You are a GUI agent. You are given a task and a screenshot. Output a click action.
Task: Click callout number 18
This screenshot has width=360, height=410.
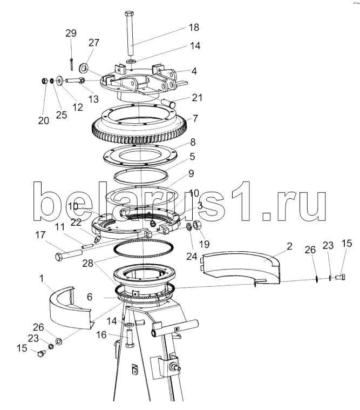pyautogui.click(x=194, y=28)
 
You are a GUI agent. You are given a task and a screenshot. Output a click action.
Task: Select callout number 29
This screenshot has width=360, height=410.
pyautogui.click(x=71, y=33)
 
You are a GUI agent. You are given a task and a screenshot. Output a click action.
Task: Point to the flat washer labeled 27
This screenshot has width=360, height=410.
pyautogui.click(x=84, y=68)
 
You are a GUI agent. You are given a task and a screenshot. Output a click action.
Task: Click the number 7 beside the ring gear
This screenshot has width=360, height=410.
pyautogui.click(x=195, y=118)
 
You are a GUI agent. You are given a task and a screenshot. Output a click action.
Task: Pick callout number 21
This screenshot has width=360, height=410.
pyautogui.click(x=197, y=98)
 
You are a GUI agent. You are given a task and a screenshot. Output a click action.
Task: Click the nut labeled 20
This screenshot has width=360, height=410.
pyautogui.click(x=45, y=82)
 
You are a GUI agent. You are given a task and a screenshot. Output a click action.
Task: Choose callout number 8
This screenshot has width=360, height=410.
pyautogui.click(x=193, y=142)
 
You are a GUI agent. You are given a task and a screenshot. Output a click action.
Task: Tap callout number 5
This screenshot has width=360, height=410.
pyautogui.click(x=192, y=157)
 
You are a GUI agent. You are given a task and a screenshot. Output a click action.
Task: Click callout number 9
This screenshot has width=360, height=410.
pyautogui.click(x=191, y=173)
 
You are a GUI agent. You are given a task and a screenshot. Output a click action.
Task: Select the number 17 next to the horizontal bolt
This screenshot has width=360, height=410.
pyautogui.click(x=40, y=235)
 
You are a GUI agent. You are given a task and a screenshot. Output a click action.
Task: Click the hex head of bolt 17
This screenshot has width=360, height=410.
pyautogui.click(x=59, y=257)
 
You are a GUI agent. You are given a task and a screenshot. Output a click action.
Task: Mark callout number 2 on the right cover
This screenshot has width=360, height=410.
pyautogui.click(x=289, y=246)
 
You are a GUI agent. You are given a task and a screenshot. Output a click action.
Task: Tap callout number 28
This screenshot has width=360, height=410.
pyautogui.click(x=88, y=263)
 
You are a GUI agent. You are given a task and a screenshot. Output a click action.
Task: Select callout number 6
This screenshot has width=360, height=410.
pyautogui.click(x=90, y=297)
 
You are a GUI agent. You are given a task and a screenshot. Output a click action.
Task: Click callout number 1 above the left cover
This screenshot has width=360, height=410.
pyautogui.click(x=42, y=279)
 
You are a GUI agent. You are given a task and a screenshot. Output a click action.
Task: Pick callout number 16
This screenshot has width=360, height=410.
pyautogui.click(x=101, y=334)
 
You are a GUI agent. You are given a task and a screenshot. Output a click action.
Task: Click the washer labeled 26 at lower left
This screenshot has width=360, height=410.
pyautogui.click(x=59, y=341)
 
